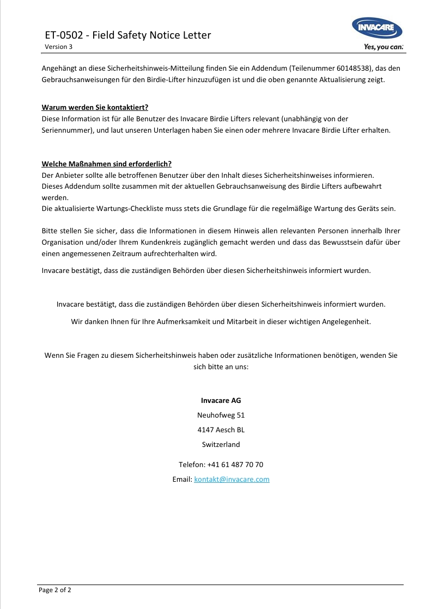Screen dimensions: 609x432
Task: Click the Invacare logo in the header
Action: (x=378, y=29)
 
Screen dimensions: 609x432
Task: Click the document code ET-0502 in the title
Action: (x=64, y=35)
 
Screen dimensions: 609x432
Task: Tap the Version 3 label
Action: (x=58, y=47)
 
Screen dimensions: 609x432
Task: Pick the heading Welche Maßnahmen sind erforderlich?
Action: (x=107, y=164)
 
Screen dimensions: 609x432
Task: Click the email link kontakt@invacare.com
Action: (x=232, y=479)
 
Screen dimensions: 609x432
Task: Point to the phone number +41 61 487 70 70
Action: (x=235, y=464)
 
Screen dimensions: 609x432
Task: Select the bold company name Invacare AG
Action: (x=221, y=400)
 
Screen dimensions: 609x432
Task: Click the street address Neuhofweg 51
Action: (x=221, y=415)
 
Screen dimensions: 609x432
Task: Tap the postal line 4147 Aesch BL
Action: (x=221, y=430)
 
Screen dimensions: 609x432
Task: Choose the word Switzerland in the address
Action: (x=221, y=444)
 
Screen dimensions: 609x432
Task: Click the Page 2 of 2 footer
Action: (x=55, y=589)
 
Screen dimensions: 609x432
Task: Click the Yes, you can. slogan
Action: (x=384, y=47)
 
